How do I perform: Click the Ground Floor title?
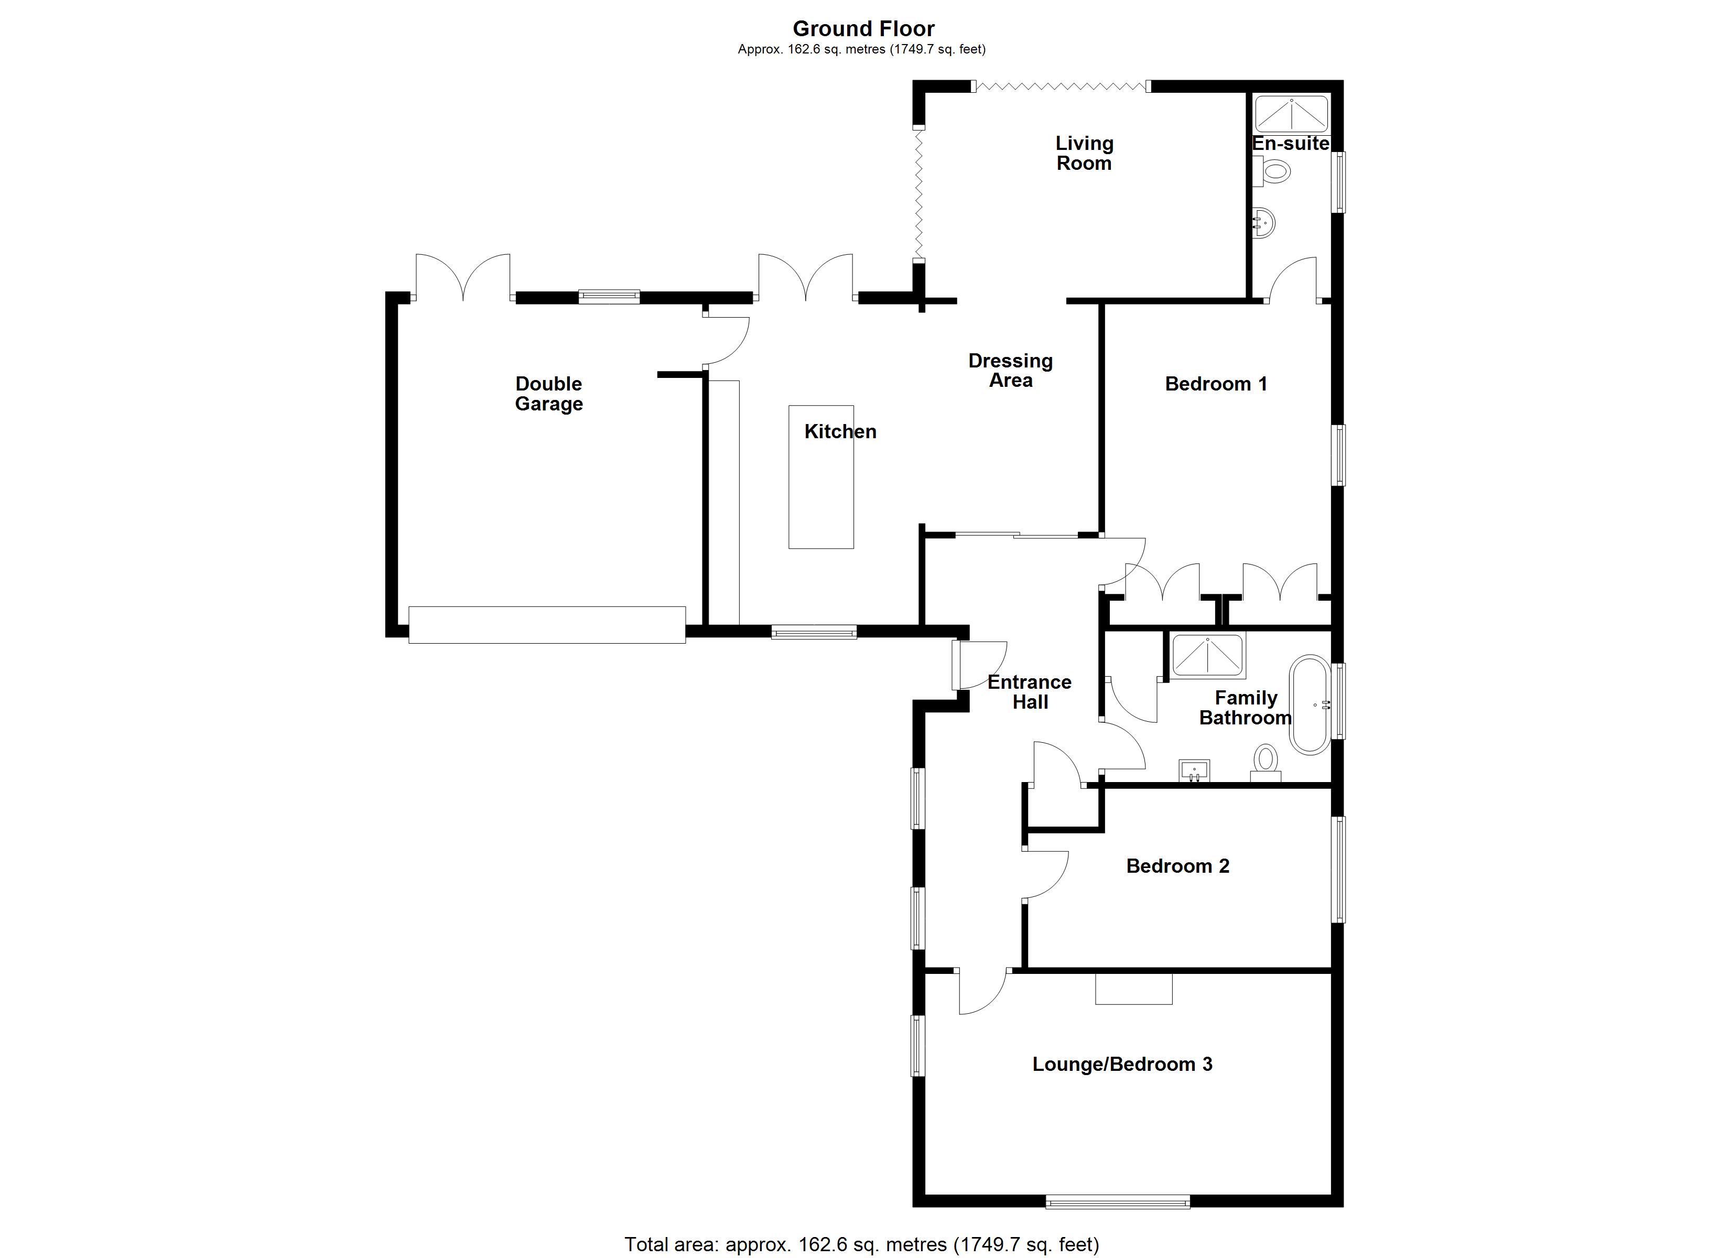click(x=863, y=28)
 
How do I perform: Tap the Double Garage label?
click(x=548, y=394)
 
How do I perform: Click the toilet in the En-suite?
click(x=1274, y=171)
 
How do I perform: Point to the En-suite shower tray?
click(x=1291, y=114)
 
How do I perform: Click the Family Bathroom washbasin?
click(x=1195, y=770)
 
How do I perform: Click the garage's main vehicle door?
click(x=547, y=625)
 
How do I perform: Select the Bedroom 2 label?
click(x=1178, y=866)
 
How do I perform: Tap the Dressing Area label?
click(x=1011, y=370)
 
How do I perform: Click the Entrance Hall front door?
click(x=957, y=665)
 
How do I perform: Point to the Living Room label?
click(x=1084, y=154)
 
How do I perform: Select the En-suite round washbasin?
click(x=1264, y=223)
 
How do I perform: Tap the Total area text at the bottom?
click(x=862, y=1244)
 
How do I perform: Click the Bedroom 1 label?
click(x=1216, y=384)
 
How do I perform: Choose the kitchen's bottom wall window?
click(x=814, y=632)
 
